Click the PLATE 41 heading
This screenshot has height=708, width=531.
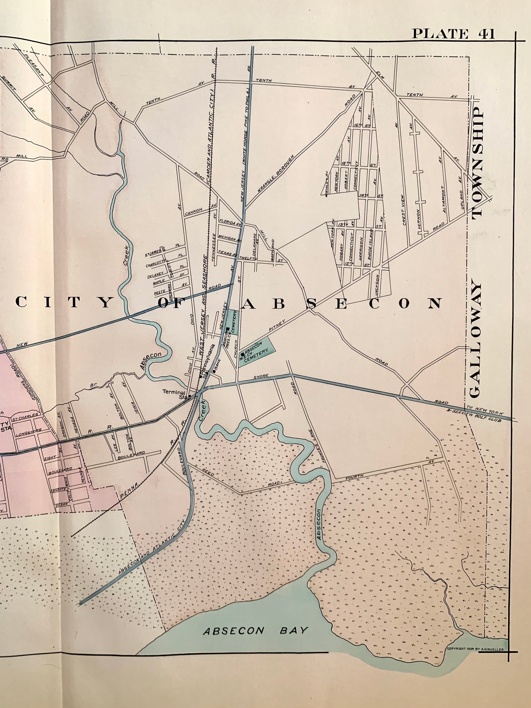(453, 34)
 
